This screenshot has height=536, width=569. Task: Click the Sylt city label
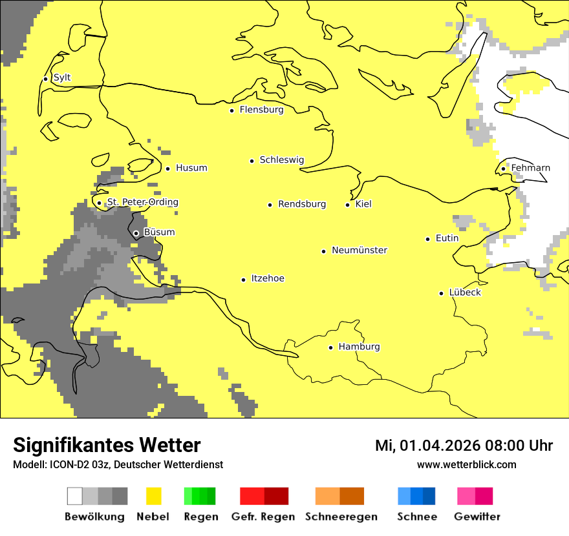tap(62, 77)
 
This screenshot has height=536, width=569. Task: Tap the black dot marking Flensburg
tap(231, 110)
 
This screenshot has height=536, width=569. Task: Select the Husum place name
tap(191, 168)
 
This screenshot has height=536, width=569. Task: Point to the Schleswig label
tap(281, 160)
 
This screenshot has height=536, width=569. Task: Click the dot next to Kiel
tap(347, 205)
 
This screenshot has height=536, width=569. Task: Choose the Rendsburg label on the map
tap(302, 204)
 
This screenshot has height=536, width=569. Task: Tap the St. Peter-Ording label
tap(142, 202)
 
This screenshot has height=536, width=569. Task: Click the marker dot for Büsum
tap(136, 233)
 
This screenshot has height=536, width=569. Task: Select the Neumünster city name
tap(360, 250)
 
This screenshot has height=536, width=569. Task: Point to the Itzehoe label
tap(268, 278)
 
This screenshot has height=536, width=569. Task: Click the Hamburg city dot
tap(330, 347)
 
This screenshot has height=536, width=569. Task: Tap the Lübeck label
tap(465, 293)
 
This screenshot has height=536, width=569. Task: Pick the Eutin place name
tap(447, 238)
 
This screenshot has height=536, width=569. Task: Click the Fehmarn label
tap(530, 168)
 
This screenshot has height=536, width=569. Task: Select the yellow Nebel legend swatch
tap(153, 496)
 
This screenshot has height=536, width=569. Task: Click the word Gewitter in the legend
tap(477, 517)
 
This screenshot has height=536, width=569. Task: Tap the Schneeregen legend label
tap(341, 517)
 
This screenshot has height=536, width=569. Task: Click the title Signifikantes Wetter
tap(107, 445)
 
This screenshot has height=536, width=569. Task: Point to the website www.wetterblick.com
tap(466, 464)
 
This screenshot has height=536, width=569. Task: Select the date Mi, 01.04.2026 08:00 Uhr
tap(464, 446)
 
